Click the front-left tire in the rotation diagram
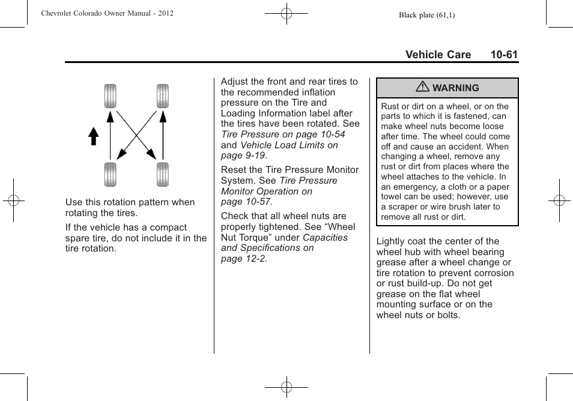(x=110, y=96)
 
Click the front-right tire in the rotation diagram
(x=162, y=96)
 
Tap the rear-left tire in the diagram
(x=110, y=174)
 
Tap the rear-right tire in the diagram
(x=162, y=174)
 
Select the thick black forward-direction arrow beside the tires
(x=93, y=136)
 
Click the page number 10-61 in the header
(x=503, y=55)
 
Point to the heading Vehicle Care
(x=438, y=55)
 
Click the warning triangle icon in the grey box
(x=423, y=88)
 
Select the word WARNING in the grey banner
(x=455, y=88)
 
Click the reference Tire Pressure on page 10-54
(x=283, y=134)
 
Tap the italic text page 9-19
(x=243, y=155)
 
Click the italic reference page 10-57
(x=246, y=202)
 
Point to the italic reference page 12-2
(x=243, y=259)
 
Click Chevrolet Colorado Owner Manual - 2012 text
(x=108, y=13)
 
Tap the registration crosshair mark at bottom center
(x=286, y=387)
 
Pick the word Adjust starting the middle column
(x=234, y=82)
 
